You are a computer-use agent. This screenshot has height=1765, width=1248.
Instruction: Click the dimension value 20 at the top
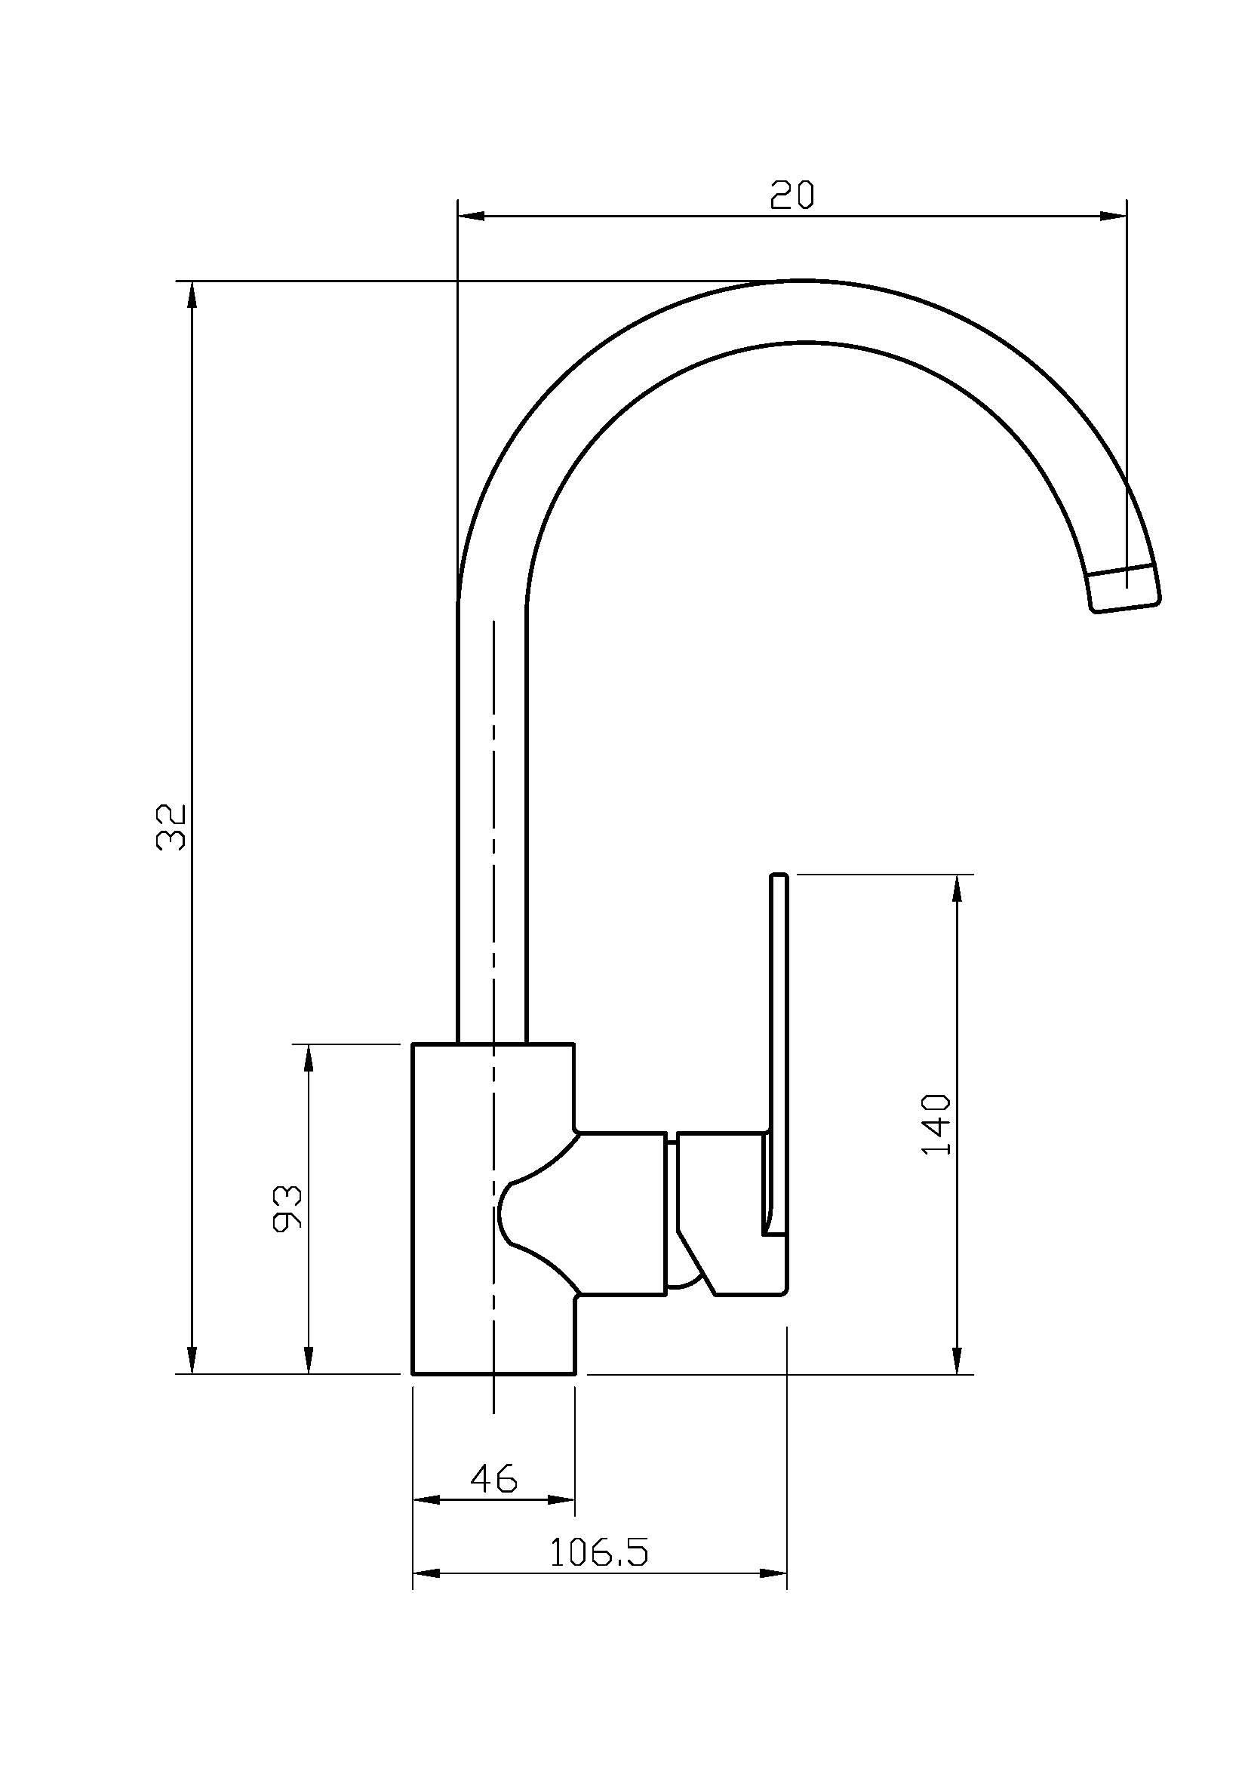(792, 195)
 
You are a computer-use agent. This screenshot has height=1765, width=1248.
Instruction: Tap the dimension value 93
(287, 1209)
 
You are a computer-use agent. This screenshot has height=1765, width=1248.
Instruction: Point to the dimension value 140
(936, 1124)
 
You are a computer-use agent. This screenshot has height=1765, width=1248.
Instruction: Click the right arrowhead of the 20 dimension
(1114, 216)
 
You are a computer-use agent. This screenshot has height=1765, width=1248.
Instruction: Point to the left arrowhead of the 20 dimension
(470, 216)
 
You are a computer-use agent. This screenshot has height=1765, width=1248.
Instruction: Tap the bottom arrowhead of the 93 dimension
(308, 1360)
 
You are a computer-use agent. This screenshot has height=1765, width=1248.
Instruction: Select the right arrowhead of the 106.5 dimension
(775, 1574)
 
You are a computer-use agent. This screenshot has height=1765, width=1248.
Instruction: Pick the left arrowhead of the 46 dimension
(426, 1500)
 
